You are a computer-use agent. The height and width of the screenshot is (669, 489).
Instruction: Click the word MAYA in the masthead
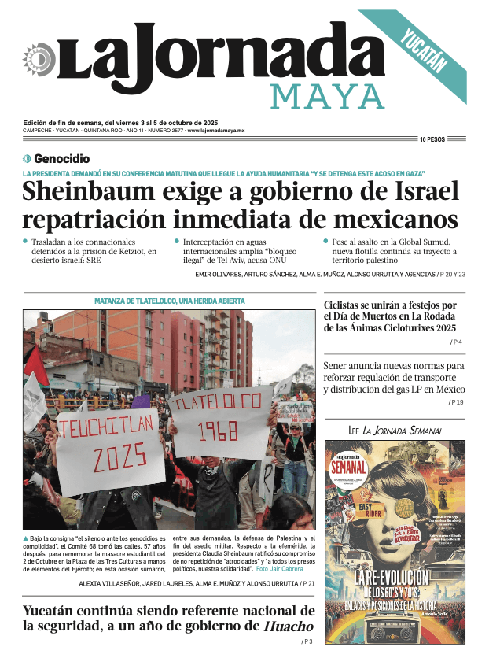328,95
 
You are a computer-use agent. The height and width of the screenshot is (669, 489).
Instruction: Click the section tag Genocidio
61,158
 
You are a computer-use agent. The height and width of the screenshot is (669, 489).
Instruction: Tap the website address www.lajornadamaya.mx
216,131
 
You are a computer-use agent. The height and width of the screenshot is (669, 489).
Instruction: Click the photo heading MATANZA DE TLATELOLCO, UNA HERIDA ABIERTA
169,301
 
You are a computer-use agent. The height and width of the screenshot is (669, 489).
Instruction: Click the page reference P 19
457,402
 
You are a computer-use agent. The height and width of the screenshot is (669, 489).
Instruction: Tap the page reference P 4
457,342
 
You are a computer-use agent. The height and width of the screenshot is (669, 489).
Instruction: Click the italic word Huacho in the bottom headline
289,626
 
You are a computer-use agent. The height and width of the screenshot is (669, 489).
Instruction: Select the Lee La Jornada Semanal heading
395,431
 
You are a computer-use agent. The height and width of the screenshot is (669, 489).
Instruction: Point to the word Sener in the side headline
340,365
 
